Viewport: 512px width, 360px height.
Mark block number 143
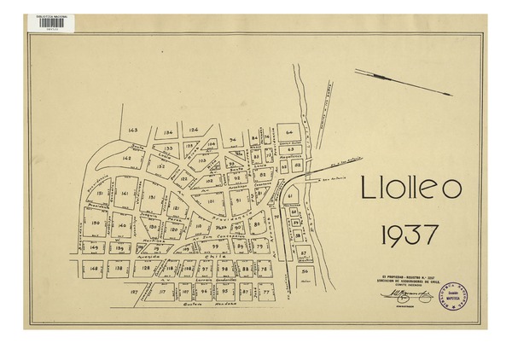click(133, 130)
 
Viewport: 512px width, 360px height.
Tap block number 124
click(194, 131)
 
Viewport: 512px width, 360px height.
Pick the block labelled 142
click(126, 158)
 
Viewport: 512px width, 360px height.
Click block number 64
click(290, 133)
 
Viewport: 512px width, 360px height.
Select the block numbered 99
click(204, 246)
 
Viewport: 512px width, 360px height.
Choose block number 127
click(134, 292)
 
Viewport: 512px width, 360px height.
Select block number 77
click(266, 292)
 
